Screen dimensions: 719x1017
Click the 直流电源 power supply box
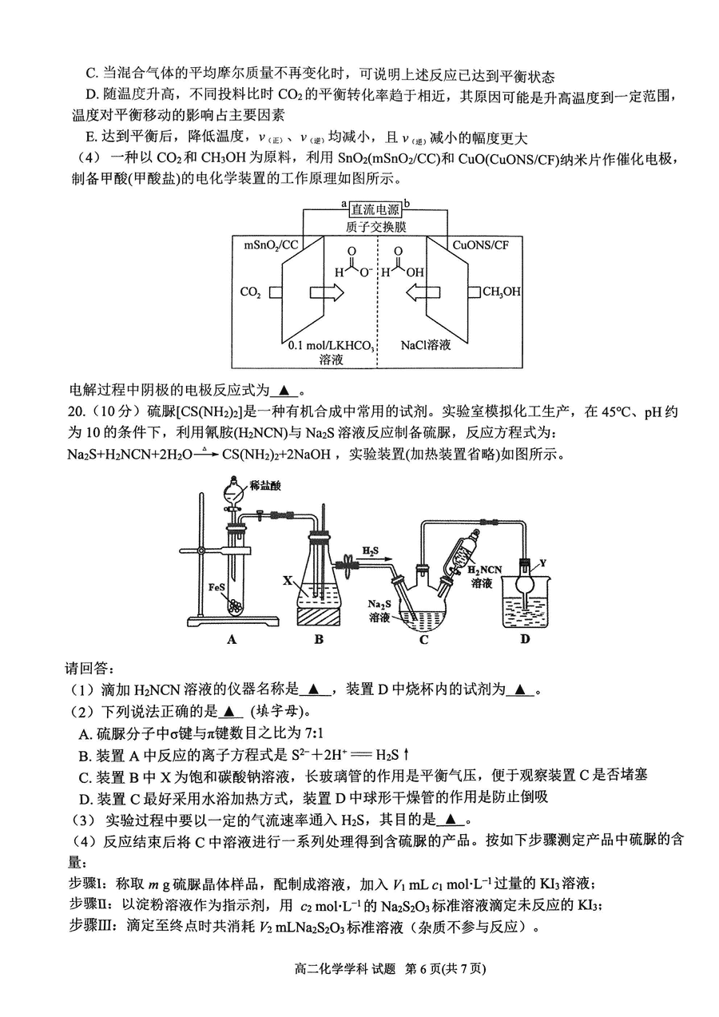click(x=375, y=209)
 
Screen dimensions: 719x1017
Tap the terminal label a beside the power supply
click(x=344, y=204)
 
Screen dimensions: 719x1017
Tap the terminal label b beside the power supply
click(x=407, y=203)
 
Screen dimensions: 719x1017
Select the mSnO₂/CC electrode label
click(x=271, y=245)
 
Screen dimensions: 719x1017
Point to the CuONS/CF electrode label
click(x=481, y=245)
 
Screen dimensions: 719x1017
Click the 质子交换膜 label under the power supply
click(x=375, y=227)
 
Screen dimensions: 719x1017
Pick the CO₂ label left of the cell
click(x=251, y=292)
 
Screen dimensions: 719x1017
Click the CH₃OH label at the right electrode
click(x=501, y=292)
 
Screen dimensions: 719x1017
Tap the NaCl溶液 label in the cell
click(x=426, y=345)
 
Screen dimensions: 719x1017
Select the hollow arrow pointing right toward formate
click(x=327, y=292)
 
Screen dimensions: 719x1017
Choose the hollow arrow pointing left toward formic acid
click(x=423, y=292)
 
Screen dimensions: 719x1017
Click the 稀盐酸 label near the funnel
click(x=265, y=486)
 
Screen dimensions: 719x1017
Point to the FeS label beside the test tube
click(x=216, y=586)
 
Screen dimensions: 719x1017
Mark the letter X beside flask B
click(x=288, y=580)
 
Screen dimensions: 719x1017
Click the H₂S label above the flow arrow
click(x=370, y=551)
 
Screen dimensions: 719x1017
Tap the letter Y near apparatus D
click(x=542, y=563)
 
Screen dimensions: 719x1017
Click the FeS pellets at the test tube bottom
click(x=236, y=607)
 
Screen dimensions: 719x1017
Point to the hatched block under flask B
click(x=318, y=618)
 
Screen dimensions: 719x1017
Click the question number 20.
click(x=76, y=411)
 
